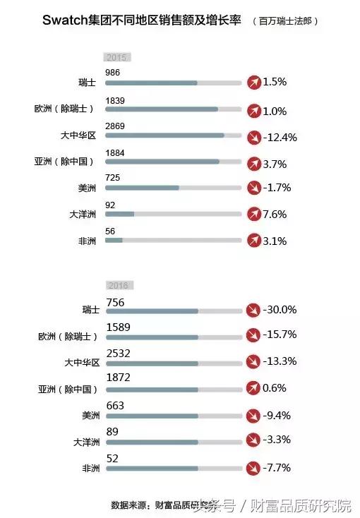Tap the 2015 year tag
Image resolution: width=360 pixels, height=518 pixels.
tap(117, 57)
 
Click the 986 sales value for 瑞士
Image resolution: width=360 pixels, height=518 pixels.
tap(112, 73)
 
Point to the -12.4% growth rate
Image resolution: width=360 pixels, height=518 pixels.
tap(280, 137)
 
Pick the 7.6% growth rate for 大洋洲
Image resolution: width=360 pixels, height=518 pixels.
tap(275, 214)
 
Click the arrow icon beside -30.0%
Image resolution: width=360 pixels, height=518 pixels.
tap(253, 310)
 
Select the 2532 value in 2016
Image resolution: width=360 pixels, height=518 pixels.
tap(119, 353)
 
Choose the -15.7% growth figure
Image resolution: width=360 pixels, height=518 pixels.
tap(280, 335)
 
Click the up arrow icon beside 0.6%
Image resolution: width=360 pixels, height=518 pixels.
tap(253, 387)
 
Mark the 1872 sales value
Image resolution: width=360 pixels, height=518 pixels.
tap(119, 379)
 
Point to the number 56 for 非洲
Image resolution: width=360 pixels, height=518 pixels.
tap(109, 230)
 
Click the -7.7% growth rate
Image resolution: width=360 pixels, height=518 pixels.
tap(277, 466)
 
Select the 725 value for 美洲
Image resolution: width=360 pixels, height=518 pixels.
tap(112, 178)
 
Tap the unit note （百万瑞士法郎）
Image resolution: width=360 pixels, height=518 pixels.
tap(285, 22)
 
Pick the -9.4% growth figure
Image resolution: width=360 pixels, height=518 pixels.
tap(277, 414)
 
